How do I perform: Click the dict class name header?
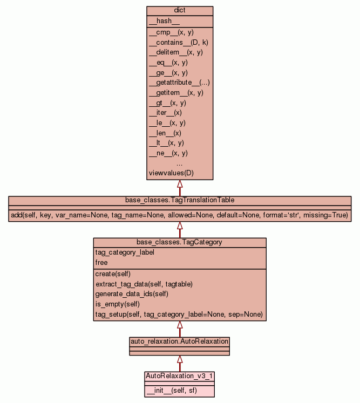pyautogui.click(x=180, y=11)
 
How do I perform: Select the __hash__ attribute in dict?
pyautogui.click(x=160, y=21)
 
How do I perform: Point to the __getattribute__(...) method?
pyautogui.click(x=179, y=83)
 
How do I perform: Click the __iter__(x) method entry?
pyautogui.click(x=165, y=113)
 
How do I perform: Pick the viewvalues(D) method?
pyautogui.click(x=171, y=173)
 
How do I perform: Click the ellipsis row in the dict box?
pyautogui.click(x=180, y=163)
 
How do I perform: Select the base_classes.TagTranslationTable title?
pyautogui.click(x=180, y=200)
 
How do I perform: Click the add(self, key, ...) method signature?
pyautogui.click(x=180, y=215)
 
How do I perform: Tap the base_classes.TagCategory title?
pyautogui.click(x=180, y=242)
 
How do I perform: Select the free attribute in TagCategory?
pyautogui.click(x=101, y=263)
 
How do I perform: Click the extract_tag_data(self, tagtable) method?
pyautogui.click(x=144, y=284)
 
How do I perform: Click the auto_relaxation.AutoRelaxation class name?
pyautogui.click(x=180, y=341)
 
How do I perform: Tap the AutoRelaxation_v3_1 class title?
pyautogui.click(x=180, y=375)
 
